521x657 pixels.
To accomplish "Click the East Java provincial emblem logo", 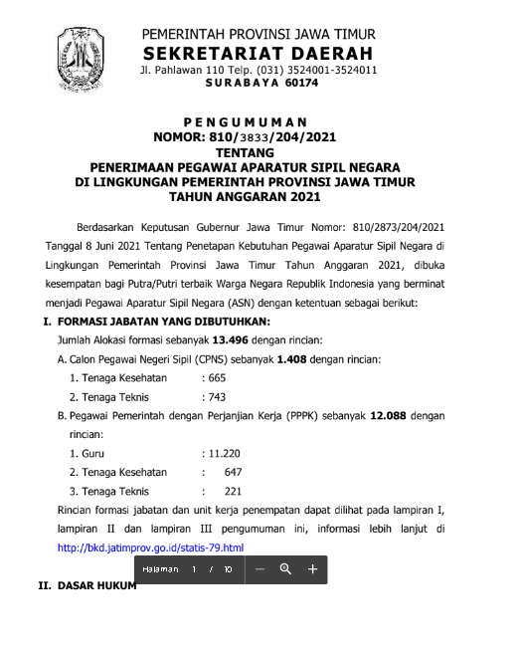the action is (x=80, y=58).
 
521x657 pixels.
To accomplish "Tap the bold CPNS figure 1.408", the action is (x=296, y=356).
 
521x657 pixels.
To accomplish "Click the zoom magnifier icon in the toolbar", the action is (x=285, y=569).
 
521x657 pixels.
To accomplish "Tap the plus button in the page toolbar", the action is (x=311, y=569).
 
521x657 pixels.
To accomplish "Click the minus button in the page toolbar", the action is (x=260, y=569).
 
